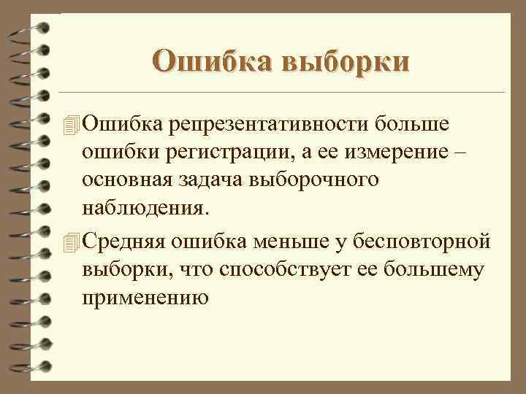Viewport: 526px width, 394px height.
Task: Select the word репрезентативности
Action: click(271, 125)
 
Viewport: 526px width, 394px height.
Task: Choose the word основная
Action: click(128, 179)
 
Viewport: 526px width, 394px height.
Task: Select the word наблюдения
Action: click(145, 206)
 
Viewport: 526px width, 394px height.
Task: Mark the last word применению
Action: click(145, 298)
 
